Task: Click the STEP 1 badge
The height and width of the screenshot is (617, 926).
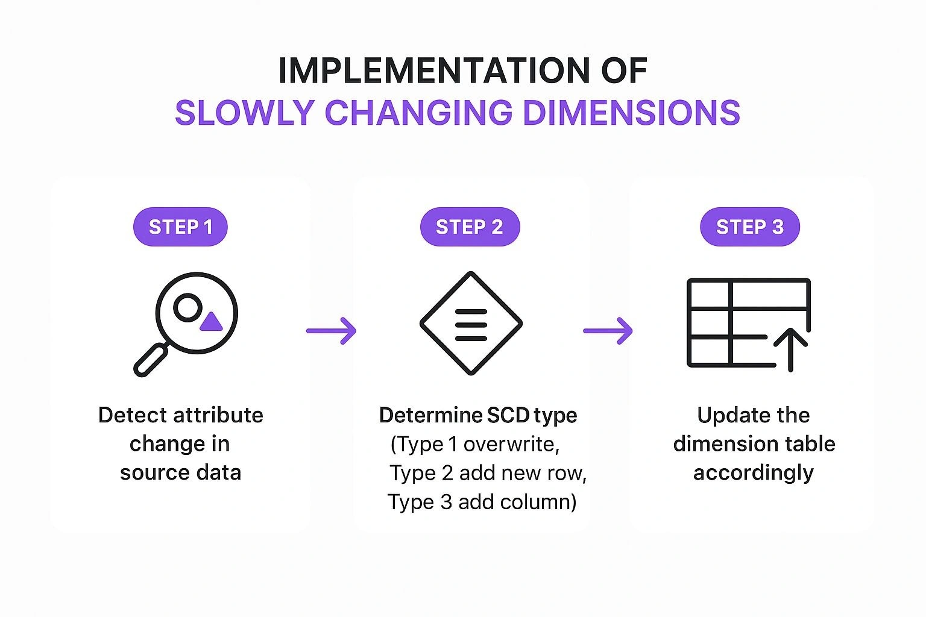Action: tap(180, 227)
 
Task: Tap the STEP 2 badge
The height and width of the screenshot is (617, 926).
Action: tap(470, 227)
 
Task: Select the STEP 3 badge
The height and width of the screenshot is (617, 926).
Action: tap(749, 227)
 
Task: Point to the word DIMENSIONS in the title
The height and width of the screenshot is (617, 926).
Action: tap(631, 113)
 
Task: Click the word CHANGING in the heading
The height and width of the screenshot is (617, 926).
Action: tap(418, 113)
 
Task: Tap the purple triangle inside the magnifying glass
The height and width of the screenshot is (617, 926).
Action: tap(211, 322)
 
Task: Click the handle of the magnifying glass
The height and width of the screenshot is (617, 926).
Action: tap(151, 360)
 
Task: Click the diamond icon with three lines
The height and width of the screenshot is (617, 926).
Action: tap(471, 324)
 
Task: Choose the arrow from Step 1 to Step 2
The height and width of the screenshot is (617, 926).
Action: tap(331, 330)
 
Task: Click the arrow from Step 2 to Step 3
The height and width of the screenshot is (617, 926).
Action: tap(608, 330)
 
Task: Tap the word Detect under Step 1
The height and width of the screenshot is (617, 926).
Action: tap(132, 415)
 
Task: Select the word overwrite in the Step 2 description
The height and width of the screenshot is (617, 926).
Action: tap(511, 444)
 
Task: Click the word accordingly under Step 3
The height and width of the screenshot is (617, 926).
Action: tap(753, 473)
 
